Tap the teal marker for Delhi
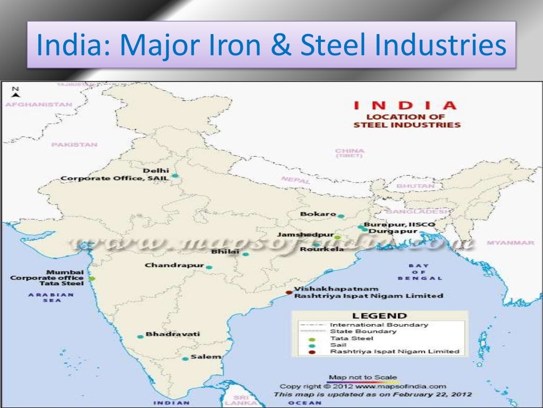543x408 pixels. tap(174, 175)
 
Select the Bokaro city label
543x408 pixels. tap(318, 214)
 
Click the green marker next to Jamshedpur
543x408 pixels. tap(337, 237)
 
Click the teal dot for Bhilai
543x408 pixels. tap(246, 254)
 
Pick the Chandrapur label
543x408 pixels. tap(174, 265)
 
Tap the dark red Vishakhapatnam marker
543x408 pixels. tap(289, 292)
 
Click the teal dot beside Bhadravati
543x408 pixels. tap(141, 336)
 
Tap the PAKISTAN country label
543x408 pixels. tap(75, 144)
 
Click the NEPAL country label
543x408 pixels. tap(295, 180)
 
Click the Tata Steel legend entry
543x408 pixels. tap(352, 338)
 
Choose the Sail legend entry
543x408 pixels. tap(338, 345)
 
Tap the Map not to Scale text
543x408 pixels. tap(363, 377)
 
